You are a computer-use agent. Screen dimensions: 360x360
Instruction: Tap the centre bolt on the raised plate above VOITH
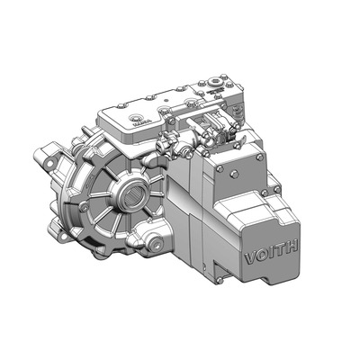(x=236, y=174)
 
